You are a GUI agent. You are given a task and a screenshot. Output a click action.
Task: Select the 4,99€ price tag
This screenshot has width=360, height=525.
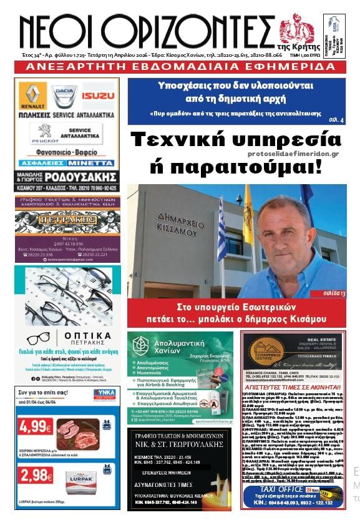pos(36,426)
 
